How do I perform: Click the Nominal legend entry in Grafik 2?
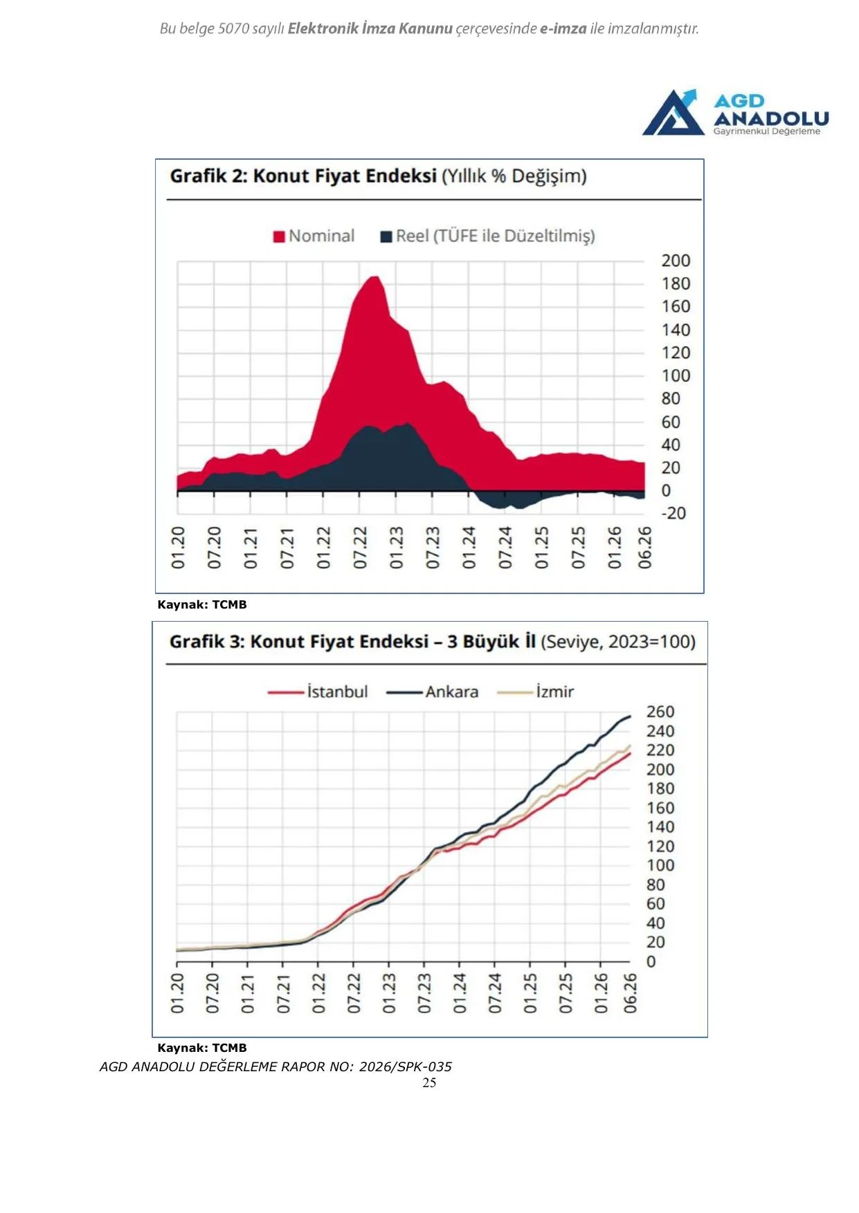(x=314, y=237)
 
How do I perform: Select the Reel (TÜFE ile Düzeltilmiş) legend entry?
(x=487, y=237)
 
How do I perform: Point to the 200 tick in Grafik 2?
(x=676, y=261)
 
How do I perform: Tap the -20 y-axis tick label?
(x=673, y=513)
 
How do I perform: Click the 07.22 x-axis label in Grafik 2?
(x=360, y=548)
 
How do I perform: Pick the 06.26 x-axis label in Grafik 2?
(x=644, y=548)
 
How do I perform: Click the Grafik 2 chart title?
(x=378, y=176)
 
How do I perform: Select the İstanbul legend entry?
(x=318, y=692)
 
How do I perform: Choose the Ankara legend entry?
(x=432, y=692)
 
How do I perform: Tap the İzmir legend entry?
(x=535, y=692)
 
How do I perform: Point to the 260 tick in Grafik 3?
(x=660, y=712)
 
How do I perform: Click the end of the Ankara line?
(x=630, y=716)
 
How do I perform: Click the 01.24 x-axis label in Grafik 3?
(x=460, y=993)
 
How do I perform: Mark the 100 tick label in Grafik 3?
(x=660, y=866)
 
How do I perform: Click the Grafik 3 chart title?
(x=433, y=642)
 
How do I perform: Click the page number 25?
(x=429, y=1083)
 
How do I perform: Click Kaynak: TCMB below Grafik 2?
(x=202, y=604)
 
